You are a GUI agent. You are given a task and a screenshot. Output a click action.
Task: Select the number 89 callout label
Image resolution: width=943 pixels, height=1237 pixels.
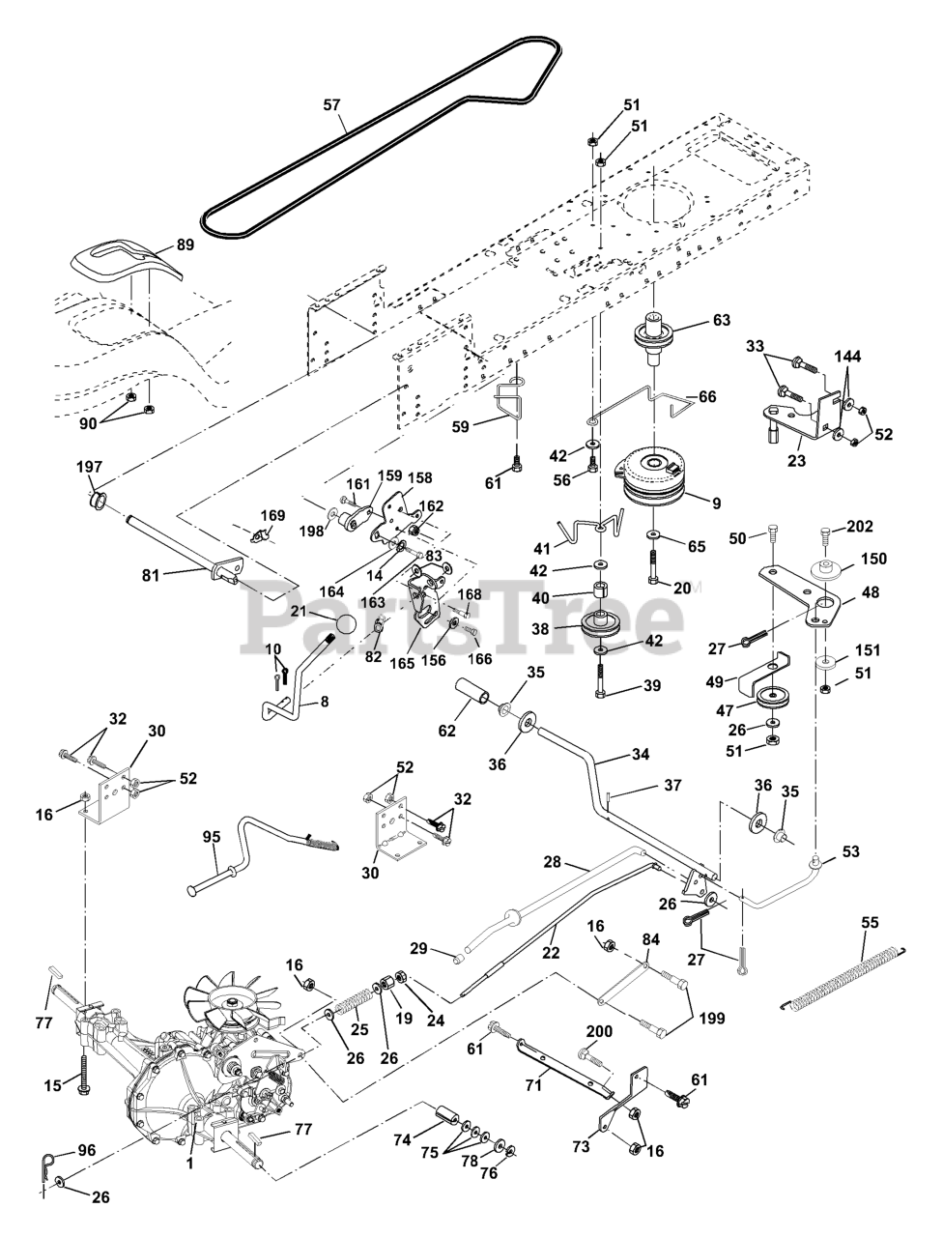(184, 245)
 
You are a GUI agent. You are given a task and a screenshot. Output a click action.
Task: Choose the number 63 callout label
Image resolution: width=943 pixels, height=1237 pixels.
(722, 320)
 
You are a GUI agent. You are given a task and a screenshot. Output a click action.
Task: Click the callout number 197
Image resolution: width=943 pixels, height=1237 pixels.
(89, 467)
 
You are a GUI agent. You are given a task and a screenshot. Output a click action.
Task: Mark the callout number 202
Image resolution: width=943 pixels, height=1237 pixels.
(860, 527)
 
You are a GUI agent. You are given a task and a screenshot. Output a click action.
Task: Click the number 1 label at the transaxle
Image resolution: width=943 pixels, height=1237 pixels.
(190, 1165)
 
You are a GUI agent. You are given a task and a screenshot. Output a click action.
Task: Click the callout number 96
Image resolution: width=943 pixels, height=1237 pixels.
(87, 1151)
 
